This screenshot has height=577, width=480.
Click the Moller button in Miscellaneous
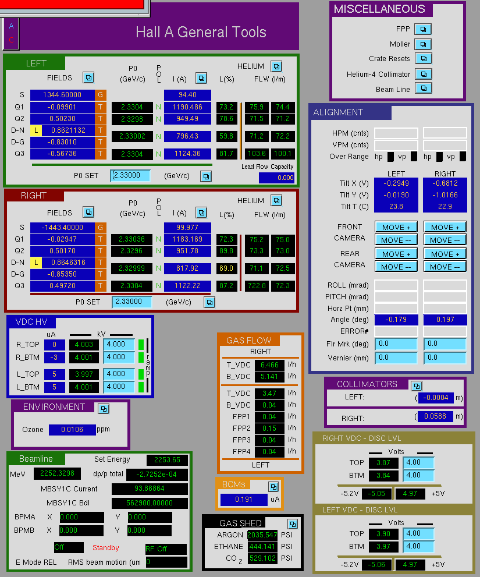[423, 44]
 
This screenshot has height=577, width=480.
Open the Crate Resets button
[424, 58]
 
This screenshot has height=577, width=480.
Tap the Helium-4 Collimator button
[424, 74]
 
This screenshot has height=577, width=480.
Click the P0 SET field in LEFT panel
[130, 175]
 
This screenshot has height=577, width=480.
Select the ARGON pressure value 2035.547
[262, 534]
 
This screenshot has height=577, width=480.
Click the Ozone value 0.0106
[72, 430]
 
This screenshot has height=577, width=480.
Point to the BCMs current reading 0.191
[244, 500]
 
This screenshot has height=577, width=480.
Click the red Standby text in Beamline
[105, 547]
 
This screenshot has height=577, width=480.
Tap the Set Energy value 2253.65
[167, 459]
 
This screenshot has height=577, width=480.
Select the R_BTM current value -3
[55, 357]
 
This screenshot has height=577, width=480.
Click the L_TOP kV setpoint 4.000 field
[119, 374]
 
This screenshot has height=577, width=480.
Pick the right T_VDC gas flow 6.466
[269, 364]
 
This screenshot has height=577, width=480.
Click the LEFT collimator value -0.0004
[436, 398]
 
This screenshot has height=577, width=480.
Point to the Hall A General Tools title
[201, 32]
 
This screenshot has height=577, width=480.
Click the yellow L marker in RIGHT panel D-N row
[36, 263]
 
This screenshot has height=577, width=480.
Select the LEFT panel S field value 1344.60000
[62, 94]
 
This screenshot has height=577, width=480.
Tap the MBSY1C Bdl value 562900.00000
[150, 502]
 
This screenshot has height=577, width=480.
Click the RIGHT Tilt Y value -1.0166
[445, 194]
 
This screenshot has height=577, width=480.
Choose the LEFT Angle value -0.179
[396, 320]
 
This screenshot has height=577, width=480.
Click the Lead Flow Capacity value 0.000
[276, 178]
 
